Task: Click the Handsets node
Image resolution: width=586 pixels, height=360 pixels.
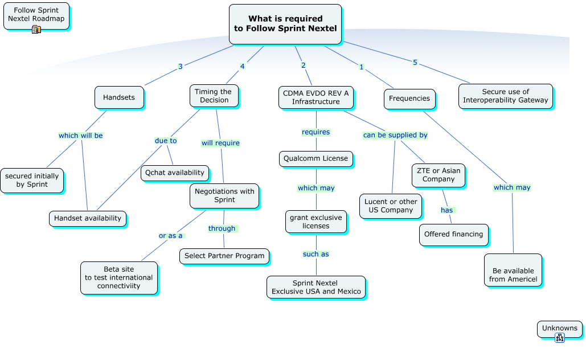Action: (119, 97)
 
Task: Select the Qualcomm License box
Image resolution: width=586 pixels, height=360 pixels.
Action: (316, 158)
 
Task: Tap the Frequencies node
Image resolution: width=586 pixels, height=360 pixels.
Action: (409, 99)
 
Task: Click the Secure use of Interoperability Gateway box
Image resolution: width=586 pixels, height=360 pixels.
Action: (505, 96)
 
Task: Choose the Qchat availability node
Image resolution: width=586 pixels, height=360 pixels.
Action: (175, 173)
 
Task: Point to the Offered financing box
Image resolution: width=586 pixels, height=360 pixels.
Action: (453, 234)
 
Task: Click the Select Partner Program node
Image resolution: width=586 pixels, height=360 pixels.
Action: (224, 256)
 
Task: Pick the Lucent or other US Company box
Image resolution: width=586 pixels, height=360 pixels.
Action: (391, 206)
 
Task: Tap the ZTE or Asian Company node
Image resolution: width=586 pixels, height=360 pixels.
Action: (439, 175)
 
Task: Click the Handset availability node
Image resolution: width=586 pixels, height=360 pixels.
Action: (88, 218)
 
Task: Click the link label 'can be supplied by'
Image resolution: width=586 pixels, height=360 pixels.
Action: (395, 136)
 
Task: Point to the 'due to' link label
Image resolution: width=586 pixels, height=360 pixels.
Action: (166, 141)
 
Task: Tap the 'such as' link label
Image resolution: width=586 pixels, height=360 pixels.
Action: (315, 254)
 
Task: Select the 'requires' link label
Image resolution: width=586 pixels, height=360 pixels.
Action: (315, 132)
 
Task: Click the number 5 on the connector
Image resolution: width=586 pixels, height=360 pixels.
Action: (415, 63)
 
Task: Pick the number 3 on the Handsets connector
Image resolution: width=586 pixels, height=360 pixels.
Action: (181, 67)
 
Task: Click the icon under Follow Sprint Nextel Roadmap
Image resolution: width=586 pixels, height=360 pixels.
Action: (36, 30)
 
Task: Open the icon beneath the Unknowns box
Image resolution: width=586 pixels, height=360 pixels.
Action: (559, 338)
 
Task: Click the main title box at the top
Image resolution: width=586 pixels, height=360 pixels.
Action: (285, 23)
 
